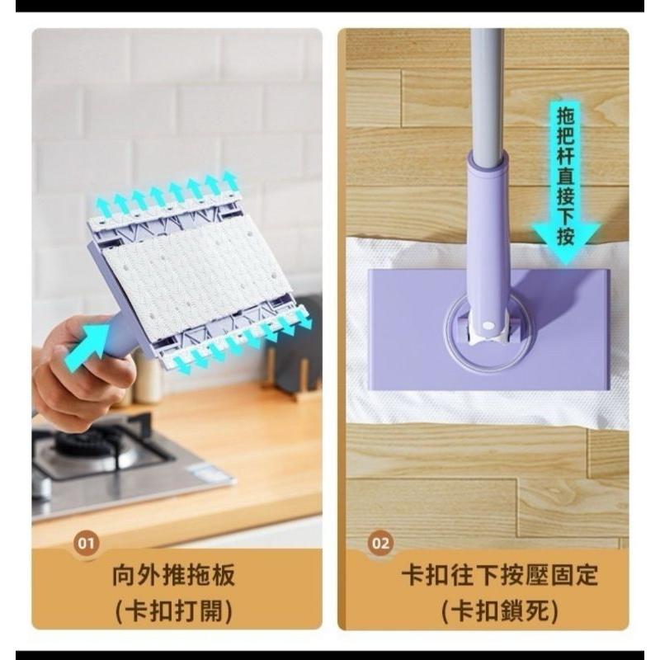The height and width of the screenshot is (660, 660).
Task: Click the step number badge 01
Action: click(x=86, y=543)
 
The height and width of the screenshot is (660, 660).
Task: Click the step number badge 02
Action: click(x=380, y=543)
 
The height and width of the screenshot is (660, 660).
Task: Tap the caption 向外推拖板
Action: click(x=173, y=575)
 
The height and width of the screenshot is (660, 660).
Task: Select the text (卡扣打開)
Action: click(x=173, y=610)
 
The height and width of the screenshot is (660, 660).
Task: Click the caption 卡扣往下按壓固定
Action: click(x=500, y=575)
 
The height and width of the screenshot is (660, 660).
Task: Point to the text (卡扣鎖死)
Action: click(x=500, y=610)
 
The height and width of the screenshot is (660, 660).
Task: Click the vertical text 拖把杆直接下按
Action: click(x=566, y=176)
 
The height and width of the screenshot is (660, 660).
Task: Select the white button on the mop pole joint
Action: click(x=488, y=325)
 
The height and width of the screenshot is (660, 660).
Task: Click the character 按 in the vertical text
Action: click(x=566, y=237)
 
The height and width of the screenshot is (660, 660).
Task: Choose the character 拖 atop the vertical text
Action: click(x=566, y=115)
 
